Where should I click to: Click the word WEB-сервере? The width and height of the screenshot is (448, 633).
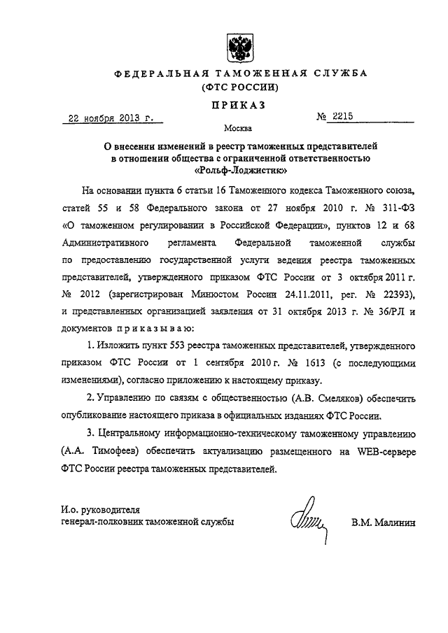[x=381, y=453]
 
